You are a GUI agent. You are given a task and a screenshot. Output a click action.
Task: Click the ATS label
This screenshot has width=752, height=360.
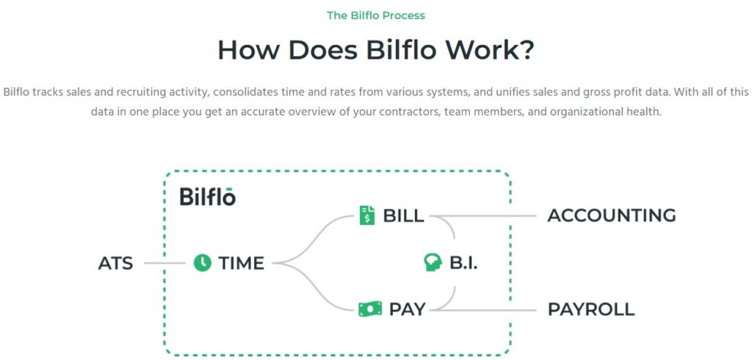pyautogui.click(x=115, y=264)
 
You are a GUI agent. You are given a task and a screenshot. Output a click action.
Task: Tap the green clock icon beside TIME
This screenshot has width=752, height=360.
pyautogui.click(x=203, y=263)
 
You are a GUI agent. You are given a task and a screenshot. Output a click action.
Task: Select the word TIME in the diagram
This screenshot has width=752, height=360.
pyautogui.click(x=241, y=264)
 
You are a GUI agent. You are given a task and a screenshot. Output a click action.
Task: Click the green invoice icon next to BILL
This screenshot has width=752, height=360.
pyautogui.click(x=367, y=215)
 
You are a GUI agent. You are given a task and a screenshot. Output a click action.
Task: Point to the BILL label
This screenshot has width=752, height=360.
pyautogui.click(x=403, y=216)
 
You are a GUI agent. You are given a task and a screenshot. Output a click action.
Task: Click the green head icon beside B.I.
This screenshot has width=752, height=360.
pyautogui.click(x=433, y=262)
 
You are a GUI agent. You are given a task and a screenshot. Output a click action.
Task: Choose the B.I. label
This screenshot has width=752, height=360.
pyautogui.click(x=463, y=263)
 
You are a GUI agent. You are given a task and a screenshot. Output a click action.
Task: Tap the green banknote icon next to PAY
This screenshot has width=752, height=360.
pyautogui.click(x=370, y=309)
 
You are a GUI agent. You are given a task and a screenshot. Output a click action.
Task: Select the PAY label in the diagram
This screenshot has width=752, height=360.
pyautogui.click(x=407, y=309)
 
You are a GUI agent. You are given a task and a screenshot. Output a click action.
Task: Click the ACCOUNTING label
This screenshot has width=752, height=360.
pyautogui.click(x=612, y=216)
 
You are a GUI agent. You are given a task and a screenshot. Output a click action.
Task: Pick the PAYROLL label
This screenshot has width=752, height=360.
pyautogui.click(x=591, y=309)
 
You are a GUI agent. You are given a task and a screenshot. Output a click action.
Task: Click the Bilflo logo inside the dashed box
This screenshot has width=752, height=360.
pyautogui.click(x=208, y=196)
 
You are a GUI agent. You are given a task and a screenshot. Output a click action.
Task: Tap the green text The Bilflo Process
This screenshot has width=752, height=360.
pyautogui.click(x=376, y=15)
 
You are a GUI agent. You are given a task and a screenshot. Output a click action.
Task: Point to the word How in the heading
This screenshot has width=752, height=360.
pyautogui.click(x=247, y=50)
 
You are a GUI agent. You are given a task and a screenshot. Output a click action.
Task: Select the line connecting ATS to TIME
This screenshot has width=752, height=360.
pyautogui.click(x=164, y=264)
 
